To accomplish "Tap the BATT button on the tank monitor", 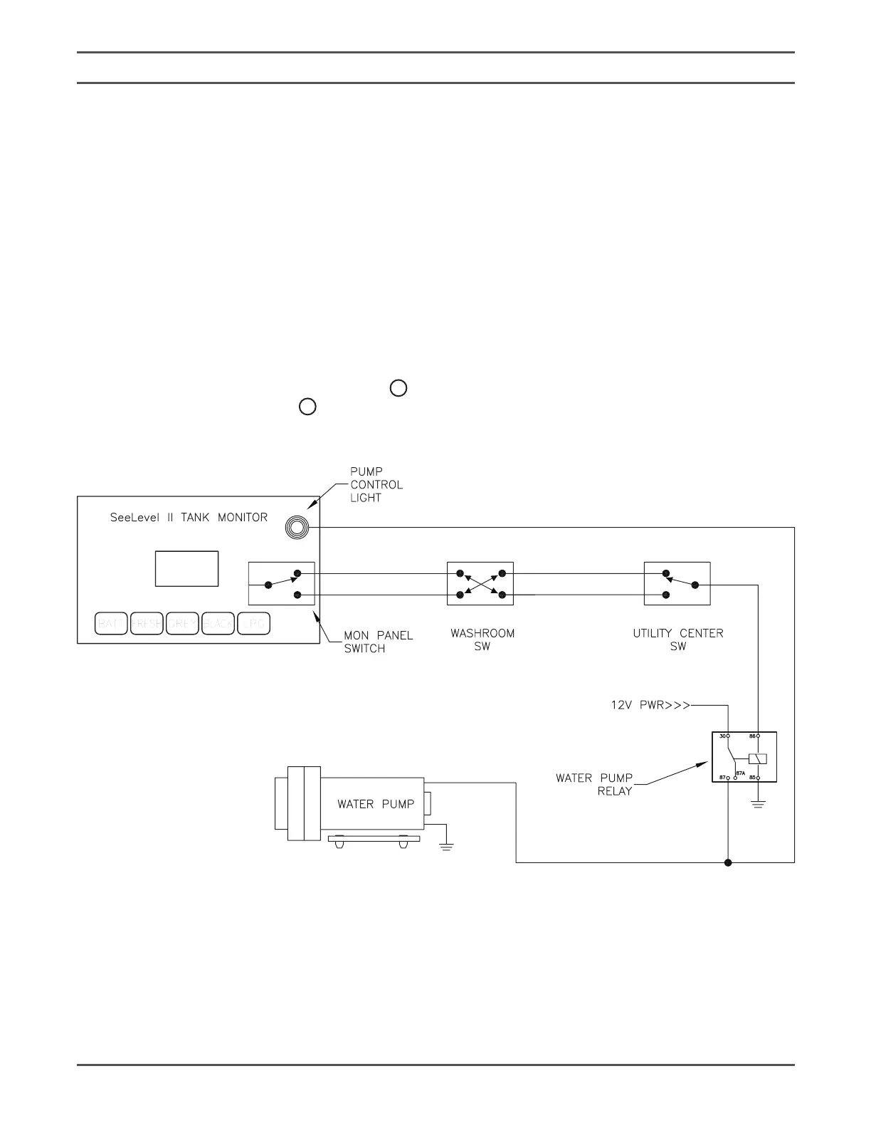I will (x=111, y=624).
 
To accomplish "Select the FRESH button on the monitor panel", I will (x=147, y=624).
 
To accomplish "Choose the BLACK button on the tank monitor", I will (x=218, y=624).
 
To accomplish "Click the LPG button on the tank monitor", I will (x=254, y=624).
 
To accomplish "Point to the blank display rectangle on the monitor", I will (x=186, y=568).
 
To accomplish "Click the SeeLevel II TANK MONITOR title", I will (x=189, y=518).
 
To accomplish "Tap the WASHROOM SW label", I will (x=482, y=639).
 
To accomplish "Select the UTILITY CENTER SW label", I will (x=677, y=639).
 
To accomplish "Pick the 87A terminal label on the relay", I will (x=740, y=773).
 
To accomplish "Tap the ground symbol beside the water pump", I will (x=446, y=847).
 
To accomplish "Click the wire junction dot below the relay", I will (x=728, y=863).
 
